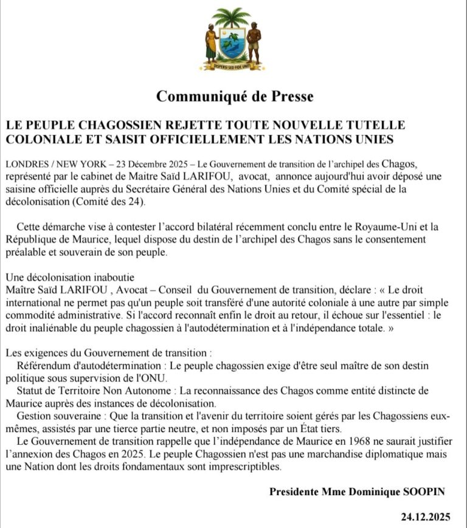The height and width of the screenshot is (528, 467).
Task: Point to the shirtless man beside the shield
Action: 254,41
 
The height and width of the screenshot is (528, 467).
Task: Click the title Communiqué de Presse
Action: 235,96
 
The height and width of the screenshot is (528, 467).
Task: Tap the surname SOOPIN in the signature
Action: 426,492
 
